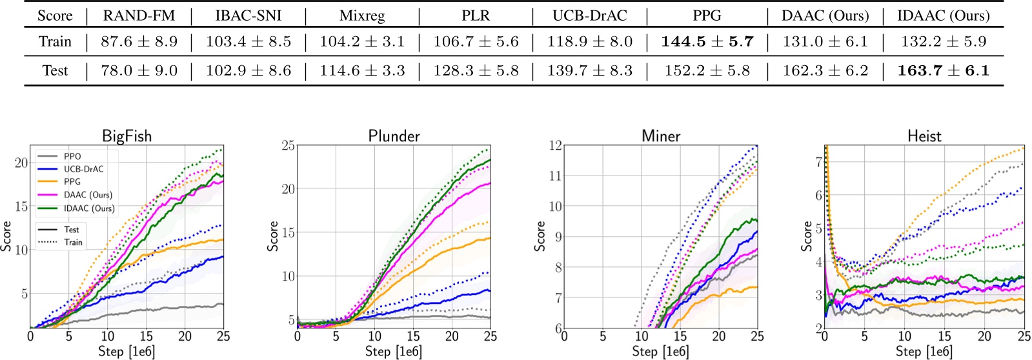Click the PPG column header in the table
707,15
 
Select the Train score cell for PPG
707,42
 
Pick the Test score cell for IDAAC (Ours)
943,70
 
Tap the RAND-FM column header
139,15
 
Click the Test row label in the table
55,70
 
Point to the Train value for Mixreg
362,42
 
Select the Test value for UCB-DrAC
590,70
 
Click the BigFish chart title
126,136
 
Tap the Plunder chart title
394,136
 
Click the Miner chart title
661,136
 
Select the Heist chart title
924,136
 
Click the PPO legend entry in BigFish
72,156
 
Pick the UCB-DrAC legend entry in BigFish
83,169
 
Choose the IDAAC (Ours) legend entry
88,208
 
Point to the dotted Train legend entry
73,242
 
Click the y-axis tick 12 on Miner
554,145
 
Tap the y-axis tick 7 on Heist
818,162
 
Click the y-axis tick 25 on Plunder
288,146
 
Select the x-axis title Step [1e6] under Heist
924,351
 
